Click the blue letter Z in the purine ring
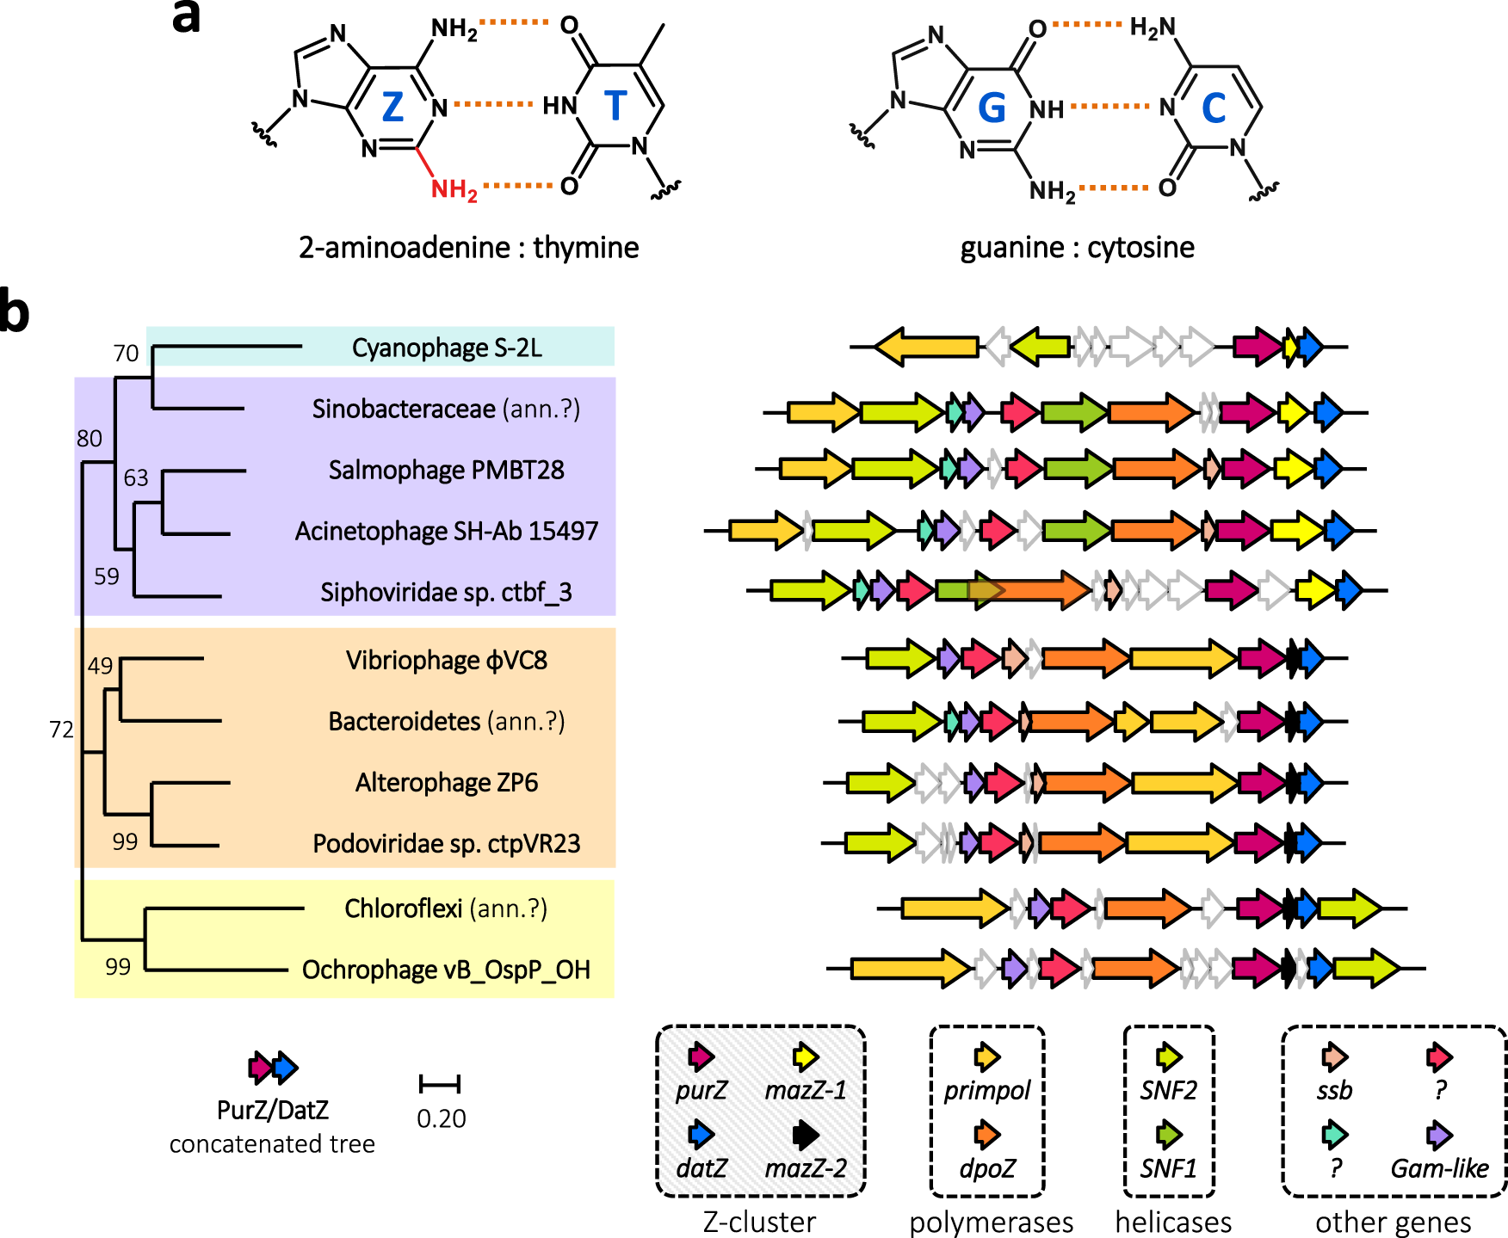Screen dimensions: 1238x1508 point(392,108)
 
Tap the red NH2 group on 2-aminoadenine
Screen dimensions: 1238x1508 point(454,189)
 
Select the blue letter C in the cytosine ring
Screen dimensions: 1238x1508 point(1213,108)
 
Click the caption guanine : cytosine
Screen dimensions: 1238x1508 point(1077,248)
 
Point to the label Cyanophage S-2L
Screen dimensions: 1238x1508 point(447,348)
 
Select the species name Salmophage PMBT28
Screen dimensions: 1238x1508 point(446,470)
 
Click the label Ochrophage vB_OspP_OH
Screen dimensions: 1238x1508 point(446,970)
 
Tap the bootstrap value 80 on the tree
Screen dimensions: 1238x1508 point(90,439)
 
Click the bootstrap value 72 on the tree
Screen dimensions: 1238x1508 point(62,730)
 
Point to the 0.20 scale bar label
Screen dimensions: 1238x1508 point(441,1118)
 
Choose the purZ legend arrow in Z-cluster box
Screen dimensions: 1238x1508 point(701,1056)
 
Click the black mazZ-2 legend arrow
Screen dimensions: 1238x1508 point(806,1135)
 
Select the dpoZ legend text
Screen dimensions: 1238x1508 point(987,1168)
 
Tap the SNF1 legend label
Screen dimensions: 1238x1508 point(1168,1168)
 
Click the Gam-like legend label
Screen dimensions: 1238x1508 point(1439,1168)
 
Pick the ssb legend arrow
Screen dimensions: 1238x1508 point(1334,1057)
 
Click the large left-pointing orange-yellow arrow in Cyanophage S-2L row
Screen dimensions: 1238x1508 point(927,347)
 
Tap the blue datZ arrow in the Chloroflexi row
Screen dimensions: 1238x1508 point(1307,908)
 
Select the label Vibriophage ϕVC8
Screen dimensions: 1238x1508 point(446,660)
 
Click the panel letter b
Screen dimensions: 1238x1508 point(15,311)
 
